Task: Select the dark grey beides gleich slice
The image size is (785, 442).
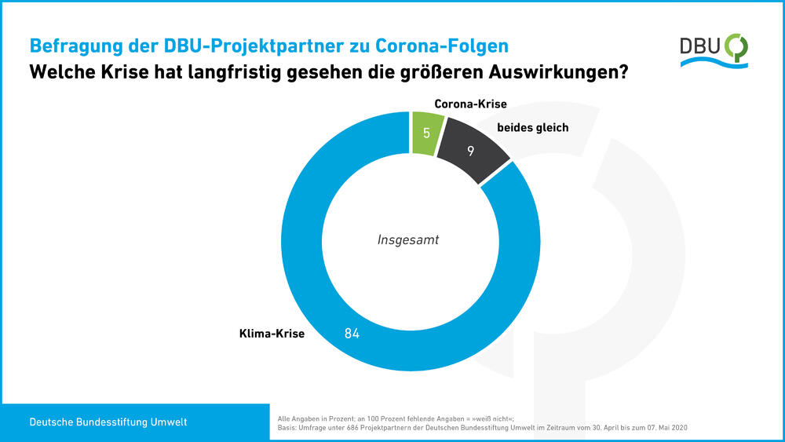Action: pos(469,151)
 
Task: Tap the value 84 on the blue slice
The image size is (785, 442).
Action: pos(352,333)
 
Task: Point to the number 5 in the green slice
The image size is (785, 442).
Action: pos(426,133)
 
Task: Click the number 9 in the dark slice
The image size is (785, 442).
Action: pos(470,151)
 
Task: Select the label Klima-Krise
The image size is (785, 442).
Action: pos(272,333)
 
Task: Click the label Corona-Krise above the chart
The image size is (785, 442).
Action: pos(471,104)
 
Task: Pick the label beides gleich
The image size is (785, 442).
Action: pos(532,127)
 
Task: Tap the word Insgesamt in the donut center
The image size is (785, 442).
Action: pos(408,240)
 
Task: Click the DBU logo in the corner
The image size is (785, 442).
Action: pos(714,49)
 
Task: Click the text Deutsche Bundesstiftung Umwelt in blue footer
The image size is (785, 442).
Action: pos(108,422)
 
